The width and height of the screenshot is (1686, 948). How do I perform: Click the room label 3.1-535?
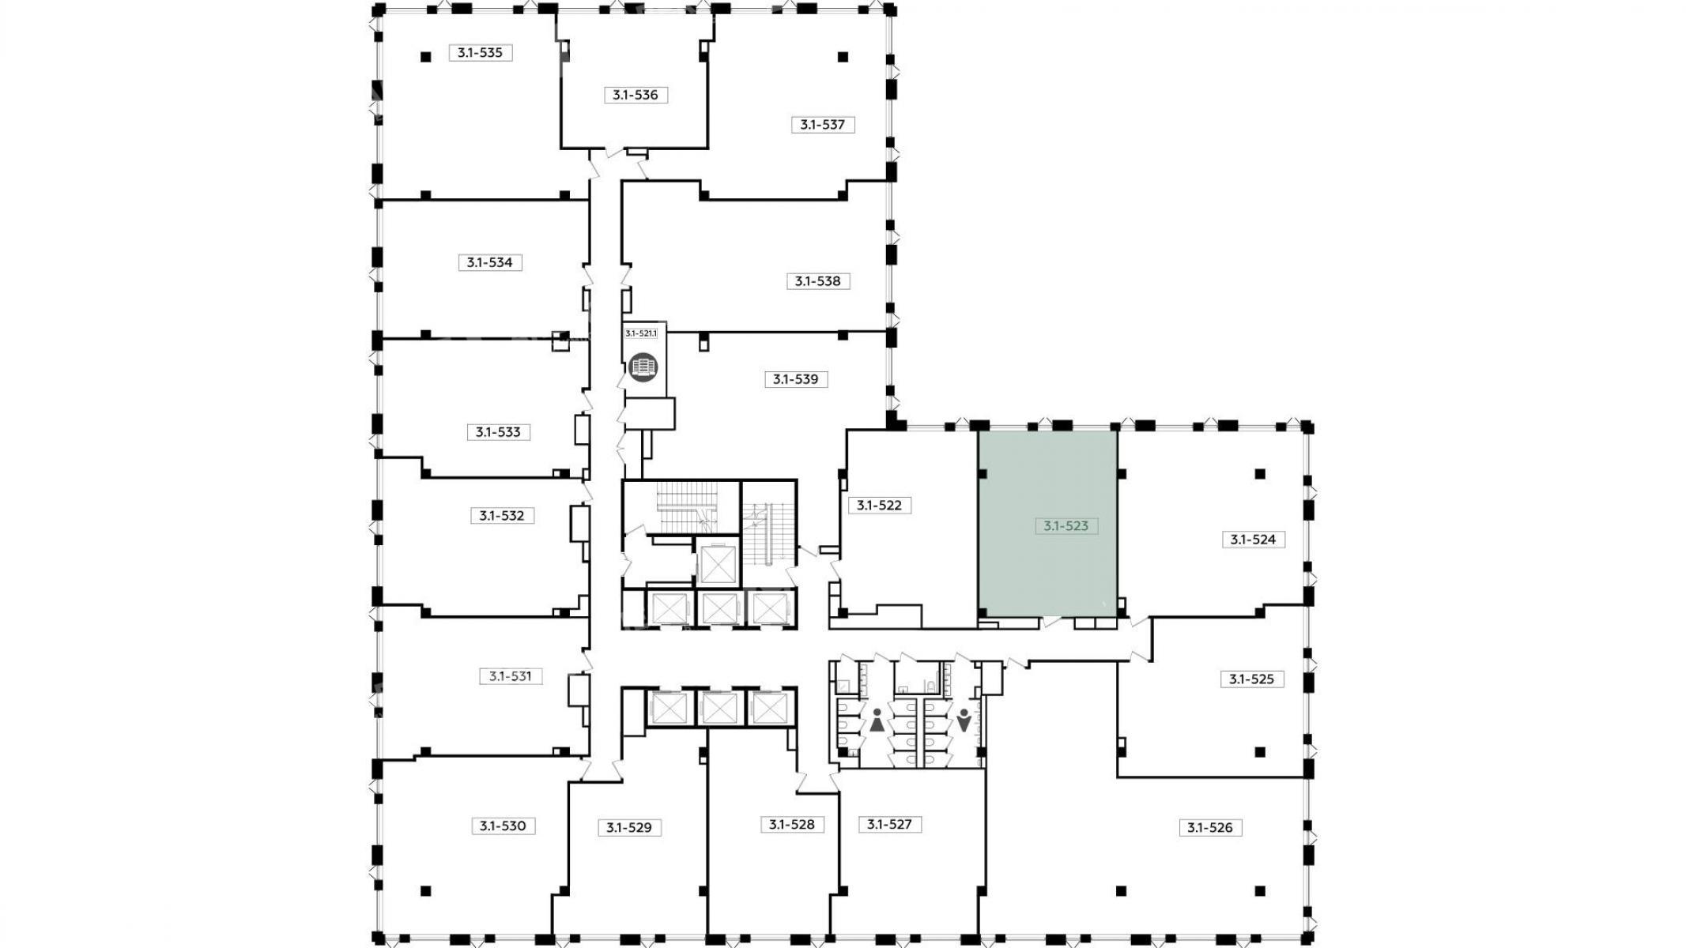coord(481,53)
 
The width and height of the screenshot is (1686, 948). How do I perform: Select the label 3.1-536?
coord(636,95)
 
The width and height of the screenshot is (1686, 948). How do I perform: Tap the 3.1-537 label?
coord(823,124)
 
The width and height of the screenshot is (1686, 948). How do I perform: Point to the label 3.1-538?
coord(818,281)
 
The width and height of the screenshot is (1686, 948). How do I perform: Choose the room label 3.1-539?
coord(796,379)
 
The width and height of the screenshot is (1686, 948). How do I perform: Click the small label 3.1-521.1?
coord(641,333)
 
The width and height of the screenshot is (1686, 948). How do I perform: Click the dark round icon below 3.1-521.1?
coord(643,367)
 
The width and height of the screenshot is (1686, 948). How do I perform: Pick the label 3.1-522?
coord(880,505)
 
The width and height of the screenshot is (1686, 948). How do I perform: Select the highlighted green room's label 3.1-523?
coord(1066,525)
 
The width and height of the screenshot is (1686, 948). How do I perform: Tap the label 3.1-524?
coord(1254,540)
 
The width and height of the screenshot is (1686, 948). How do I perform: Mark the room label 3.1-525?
coord(1252,679)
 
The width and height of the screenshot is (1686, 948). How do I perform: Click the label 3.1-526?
coord(1210,828)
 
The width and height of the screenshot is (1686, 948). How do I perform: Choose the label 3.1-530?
coord(503,826)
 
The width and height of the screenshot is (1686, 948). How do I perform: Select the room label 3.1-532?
coord(502,516)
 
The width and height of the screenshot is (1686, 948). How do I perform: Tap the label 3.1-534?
coord(490,262)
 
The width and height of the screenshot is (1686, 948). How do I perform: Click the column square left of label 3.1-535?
coord(425,56)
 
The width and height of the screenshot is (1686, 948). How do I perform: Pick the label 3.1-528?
coord(792,825)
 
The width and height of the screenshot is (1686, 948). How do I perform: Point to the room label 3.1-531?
coord(511,676)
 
